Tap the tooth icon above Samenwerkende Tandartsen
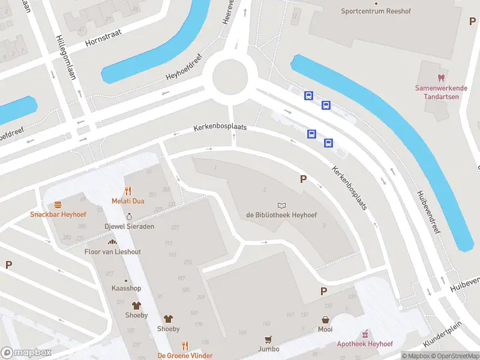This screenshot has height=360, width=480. click(x=440, y=77)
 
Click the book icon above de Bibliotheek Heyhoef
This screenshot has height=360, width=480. click(x=281, y=205)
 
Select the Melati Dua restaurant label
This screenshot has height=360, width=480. click(x=127, y=201)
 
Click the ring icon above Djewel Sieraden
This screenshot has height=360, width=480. click(x=129, y=217)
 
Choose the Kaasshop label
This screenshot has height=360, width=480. click(x=125, y=289)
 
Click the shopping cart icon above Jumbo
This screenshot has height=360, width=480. click(x=269, y=339)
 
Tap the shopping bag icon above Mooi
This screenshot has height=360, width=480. click(x=325, y=320)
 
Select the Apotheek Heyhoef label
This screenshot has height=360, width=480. click(x=364, y=344)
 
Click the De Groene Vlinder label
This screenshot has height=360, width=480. click(x=185, y=356)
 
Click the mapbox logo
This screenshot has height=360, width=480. click(x=26, y=353)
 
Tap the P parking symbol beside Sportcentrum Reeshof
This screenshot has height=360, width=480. click(x=472, y=21)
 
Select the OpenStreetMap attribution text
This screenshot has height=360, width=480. click(x=454, y=356)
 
